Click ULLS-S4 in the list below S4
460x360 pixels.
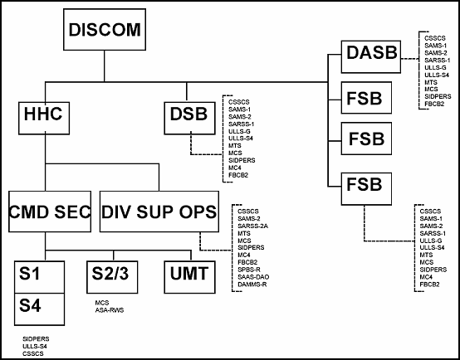[x=35, y=346]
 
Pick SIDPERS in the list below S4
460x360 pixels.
[x=35, y=338]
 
